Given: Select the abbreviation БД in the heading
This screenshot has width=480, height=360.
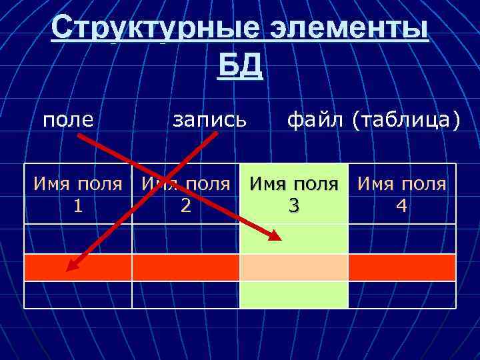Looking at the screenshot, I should coord(240,66).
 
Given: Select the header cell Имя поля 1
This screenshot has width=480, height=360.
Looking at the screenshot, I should coord(79,195).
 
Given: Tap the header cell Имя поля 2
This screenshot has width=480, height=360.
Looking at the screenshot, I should coord(186,195).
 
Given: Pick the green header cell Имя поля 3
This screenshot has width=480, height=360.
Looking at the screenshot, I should coord(293,195).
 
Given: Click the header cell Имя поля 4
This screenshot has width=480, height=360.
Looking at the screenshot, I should coord(402,195).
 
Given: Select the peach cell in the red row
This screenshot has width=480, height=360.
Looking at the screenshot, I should coord(293,267).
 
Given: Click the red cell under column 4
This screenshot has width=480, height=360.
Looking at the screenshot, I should coord(402,267).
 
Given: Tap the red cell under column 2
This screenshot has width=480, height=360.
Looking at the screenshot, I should coord(186,267).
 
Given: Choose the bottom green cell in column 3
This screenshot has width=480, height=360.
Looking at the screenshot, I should coord(293,294).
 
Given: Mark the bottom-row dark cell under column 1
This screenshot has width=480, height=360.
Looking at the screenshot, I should coord(79,294).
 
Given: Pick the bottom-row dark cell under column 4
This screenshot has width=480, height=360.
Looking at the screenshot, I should coord(402,294).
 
